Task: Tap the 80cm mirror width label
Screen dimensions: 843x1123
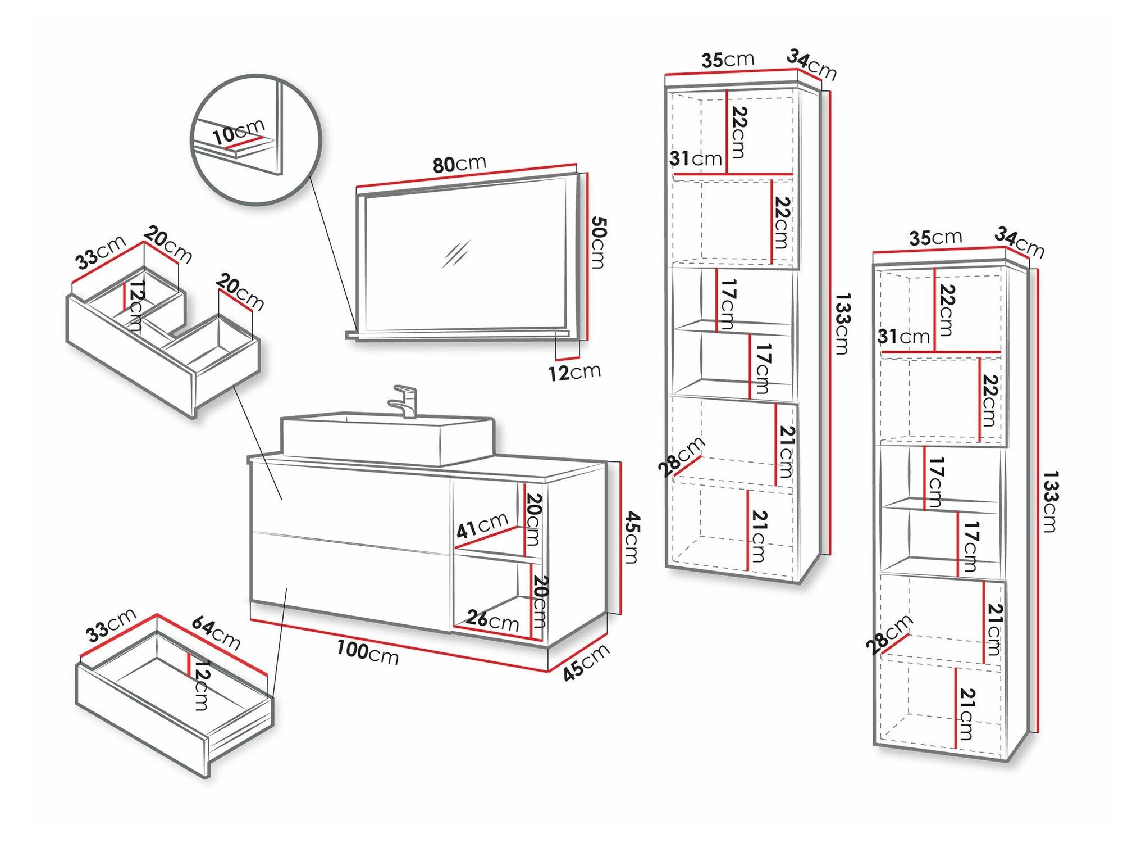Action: click(459, 164)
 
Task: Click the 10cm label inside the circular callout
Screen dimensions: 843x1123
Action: click(238, 132)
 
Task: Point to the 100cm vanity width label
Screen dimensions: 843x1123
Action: click(368, 653)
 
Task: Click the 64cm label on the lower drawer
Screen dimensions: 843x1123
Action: click(216, 633)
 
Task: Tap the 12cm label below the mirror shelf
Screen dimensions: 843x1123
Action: click(574, 372)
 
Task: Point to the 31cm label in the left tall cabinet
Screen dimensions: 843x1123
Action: click(695, 158)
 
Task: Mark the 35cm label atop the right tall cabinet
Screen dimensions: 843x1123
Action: click(935, 238)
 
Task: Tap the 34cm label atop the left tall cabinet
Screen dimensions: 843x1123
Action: click(811, 64)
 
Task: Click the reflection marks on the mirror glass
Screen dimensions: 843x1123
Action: click(455, 254)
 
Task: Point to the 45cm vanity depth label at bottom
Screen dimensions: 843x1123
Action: click(586, 663)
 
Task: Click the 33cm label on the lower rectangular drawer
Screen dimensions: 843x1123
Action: click(111, 624)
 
